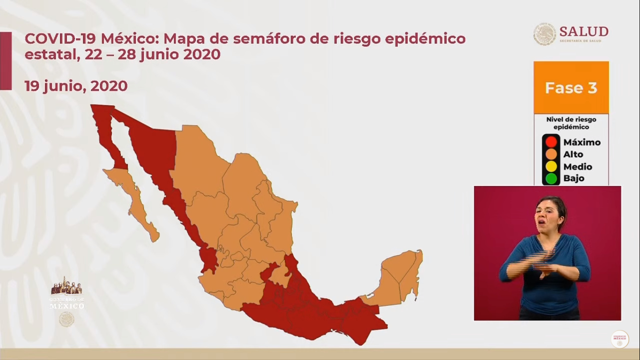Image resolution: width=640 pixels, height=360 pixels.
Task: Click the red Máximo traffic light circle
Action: coord(551,142)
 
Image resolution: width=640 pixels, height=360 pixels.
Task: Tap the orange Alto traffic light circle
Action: coord(551,154)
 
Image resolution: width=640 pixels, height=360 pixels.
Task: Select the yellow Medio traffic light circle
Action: coord(551,166)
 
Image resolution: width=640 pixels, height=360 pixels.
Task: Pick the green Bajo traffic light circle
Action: coord(551,179)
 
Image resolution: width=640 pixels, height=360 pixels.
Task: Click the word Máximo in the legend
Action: coord(582,142)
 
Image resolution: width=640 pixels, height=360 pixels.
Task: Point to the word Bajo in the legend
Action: coord(574,179)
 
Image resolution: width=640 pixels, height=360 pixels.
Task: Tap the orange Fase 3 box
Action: coord(571,88)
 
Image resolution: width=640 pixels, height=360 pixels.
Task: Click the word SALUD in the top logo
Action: coord(584,31)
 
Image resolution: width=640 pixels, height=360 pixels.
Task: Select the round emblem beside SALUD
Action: coord(544,34)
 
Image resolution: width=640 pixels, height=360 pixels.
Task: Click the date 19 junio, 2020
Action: coord(76,86)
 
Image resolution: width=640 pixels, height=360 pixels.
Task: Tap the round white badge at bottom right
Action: coord(619,339)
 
